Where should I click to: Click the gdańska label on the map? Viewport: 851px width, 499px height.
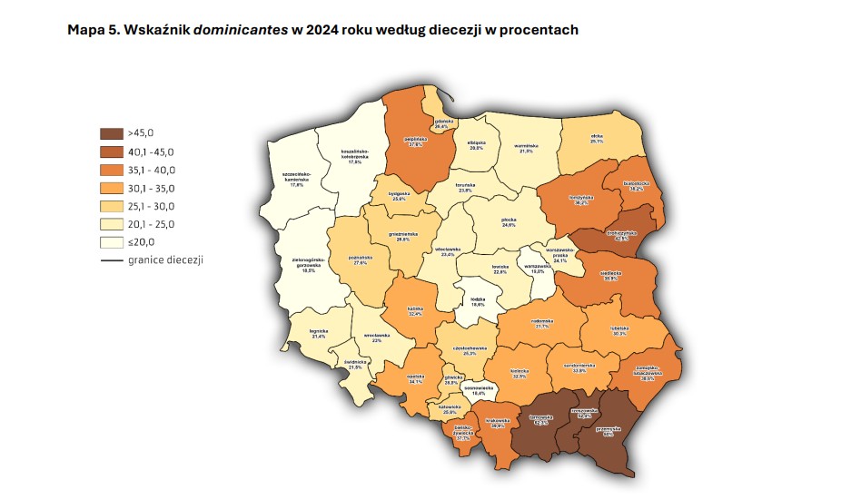click(443, 122)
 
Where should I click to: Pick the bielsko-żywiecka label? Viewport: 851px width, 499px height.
click(462, 430)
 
